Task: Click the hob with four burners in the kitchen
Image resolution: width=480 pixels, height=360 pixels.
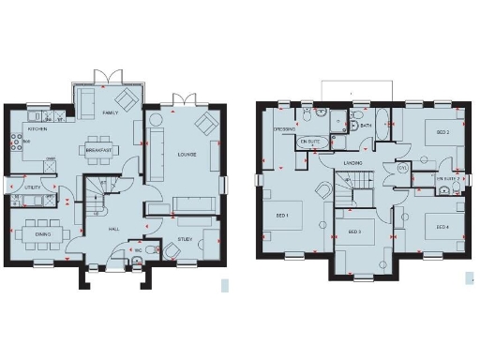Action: point(16,142)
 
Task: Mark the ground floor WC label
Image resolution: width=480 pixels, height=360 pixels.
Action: point(138,250)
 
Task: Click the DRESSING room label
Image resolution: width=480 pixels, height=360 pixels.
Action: point(284,129)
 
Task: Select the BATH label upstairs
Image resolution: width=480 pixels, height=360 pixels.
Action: point(366,126)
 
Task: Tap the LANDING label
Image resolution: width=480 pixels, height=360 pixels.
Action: point(352,162)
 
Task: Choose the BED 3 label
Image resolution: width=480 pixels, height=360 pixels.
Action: point(354,232)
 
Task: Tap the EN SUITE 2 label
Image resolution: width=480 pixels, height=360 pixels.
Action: point(449,176)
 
